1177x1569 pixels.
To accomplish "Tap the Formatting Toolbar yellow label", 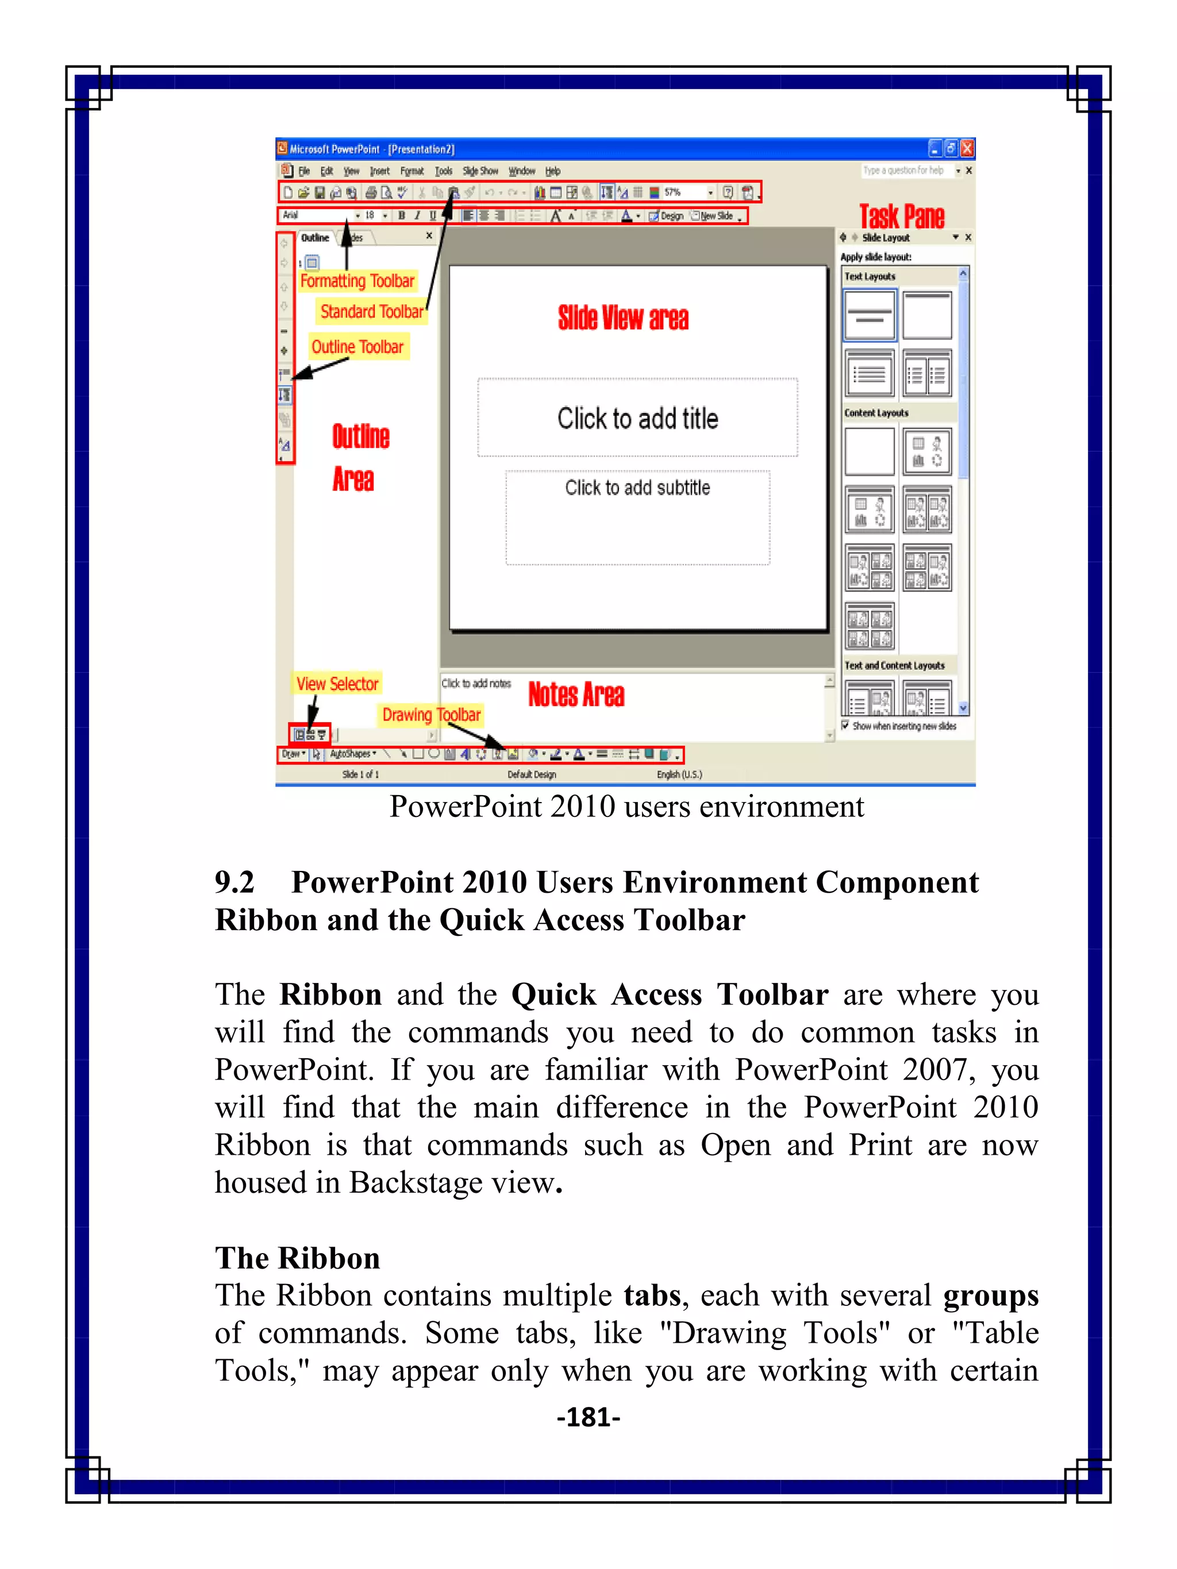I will [x=357, y=281].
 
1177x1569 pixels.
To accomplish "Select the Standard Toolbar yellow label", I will [x=372, y=311].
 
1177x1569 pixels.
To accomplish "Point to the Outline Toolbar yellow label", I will [x=357, y=347].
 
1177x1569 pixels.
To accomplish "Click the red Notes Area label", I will [x=576, y=695].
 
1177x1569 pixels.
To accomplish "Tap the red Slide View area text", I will [x=623, y=318].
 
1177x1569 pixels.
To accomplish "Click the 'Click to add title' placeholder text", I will [x=637, y=418].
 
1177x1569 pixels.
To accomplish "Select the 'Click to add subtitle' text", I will [x=637, y=488].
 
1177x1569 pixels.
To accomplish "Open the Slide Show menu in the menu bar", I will [x=480, y=171].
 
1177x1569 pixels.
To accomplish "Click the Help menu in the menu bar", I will [x=553, y=171].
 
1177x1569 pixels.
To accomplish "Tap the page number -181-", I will [x=588, y=1417].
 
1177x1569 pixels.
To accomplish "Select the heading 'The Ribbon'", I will [x=298, y=1258].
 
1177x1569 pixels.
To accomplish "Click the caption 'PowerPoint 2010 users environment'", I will [x=626, y=807].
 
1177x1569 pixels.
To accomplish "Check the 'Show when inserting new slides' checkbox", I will [x=845, y=725].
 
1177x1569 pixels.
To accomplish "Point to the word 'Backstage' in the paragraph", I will [x=402, y=1183].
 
